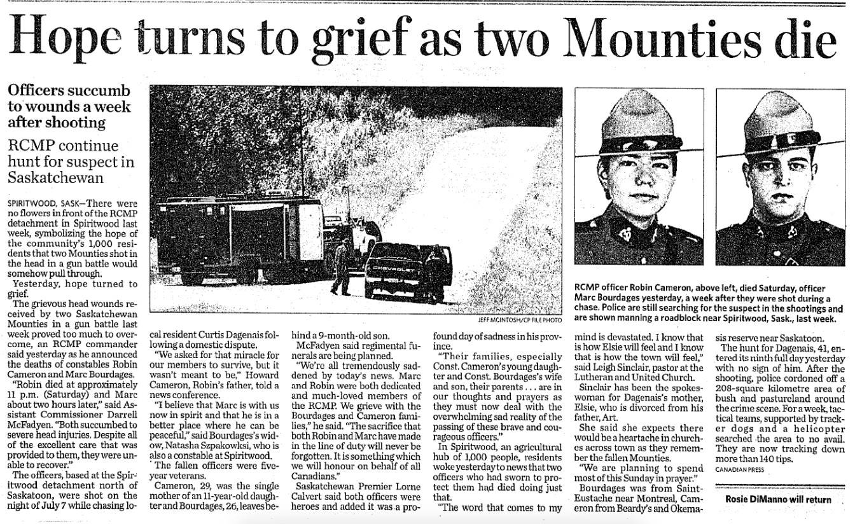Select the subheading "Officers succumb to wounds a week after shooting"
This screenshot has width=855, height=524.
(69, 106)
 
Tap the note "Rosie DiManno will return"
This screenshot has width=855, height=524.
(778, 499)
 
